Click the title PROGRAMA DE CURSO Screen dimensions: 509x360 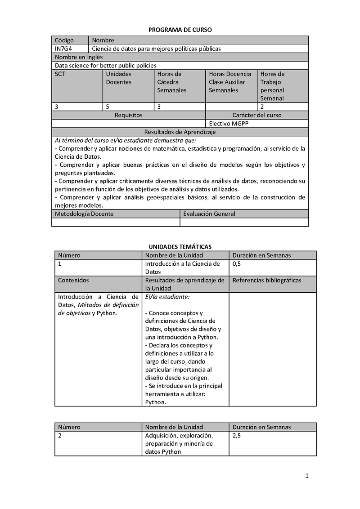click(180, 30)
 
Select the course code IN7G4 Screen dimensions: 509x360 click(63, 49)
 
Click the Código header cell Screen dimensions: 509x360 click(64, 40)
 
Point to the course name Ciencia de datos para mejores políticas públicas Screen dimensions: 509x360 click(156, 49)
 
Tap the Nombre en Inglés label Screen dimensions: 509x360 click(79, 57)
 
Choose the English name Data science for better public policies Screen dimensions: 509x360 click(106, 65)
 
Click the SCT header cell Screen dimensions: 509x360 click(60, 74)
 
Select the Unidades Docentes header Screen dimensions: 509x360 click(119, 78)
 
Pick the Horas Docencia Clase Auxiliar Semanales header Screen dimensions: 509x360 click(230, 82)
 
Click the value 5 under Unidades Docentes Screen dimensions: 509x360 click(108, 107)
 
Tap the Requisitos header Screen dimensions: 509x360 click(128, 115)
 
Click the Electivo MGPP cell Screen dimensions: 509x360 click(229, 123)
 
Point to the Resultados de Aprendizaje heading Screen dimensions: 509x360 click(180, 132)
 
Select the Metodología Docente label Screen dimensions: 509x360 click(84, 214)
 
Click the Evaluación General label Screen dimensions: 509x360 click(209, 214)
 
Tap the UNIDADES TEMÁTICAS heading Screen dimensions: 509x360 click(180, 247)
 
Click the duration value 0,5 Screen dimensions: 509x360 click(237, 264)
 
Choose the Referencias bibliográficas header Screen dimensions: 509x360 click(267, 280)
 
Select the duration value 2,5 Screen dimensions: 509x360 click(237, 436)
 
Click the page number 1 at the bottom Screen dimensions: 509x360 click(306, 476)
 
